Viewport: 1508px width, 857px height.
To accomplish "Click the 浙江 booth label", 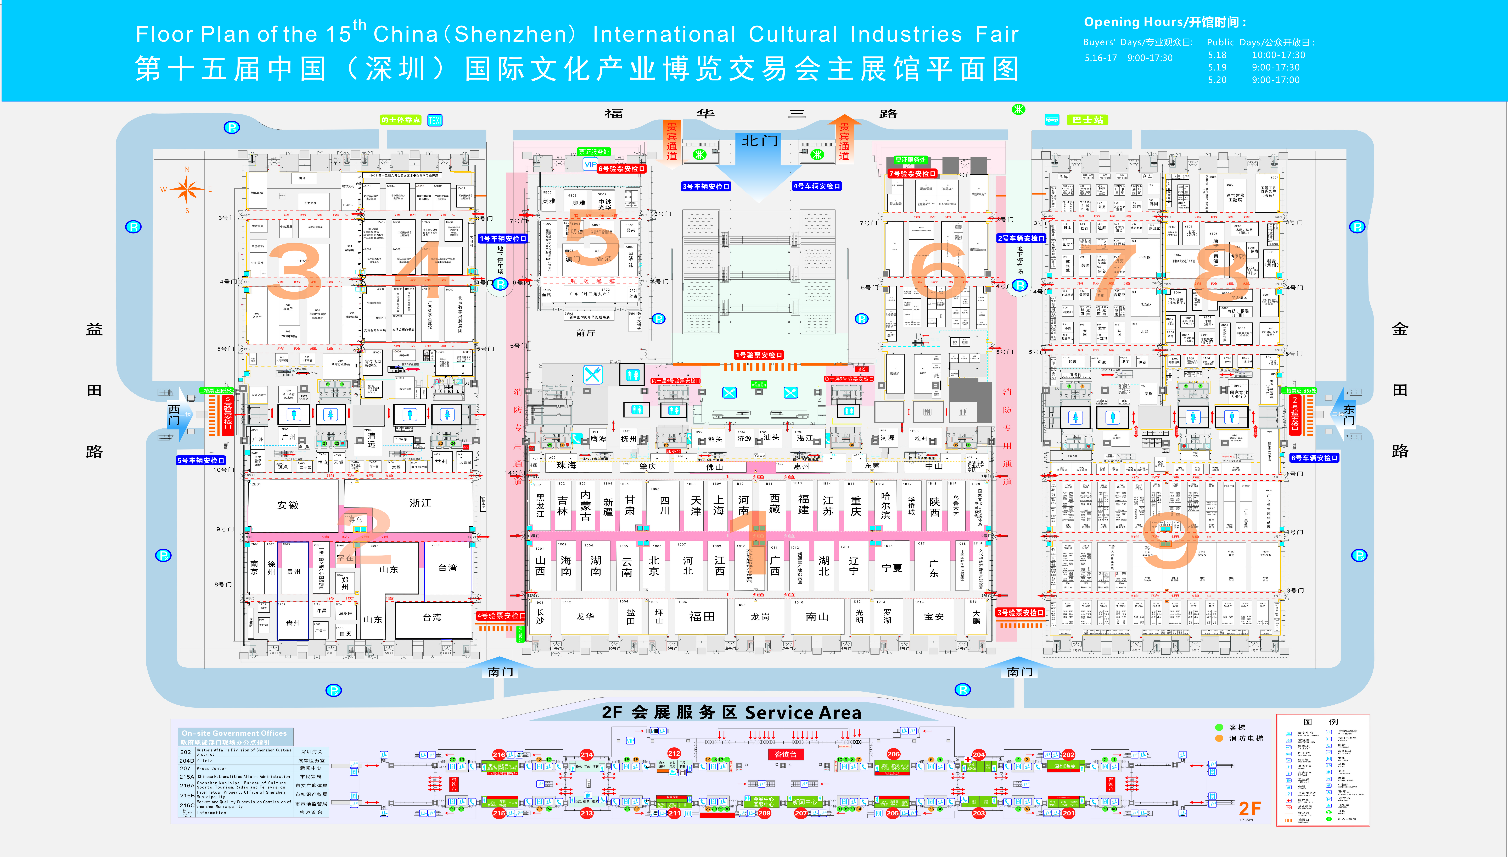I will (420, 503).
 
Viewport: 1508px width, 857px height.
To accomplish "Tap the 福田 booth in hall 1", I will (702, 616).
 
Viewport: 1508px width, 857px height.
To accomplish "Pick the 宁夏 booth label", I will (892, 568).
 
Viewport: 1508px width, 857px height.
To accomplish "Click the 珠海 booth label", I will (566, 465).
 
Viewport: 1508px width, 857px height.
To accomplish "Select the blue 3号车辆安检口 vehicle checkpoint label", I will (705, 187).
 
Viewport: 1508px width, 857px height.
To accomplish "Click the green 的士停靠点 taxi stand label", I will (400, 120).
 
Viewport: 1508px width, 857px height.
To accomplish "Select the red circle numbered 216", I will (499, 755).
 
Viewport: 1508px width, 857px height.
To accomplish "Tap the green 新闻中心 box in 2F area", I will (804, 802).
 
